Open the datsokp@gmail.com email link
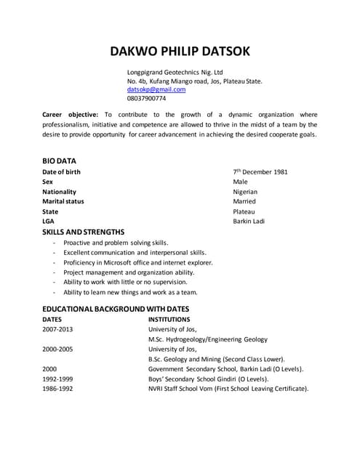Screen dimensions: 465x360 156,90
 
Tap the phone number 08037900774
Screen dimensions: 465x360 146,99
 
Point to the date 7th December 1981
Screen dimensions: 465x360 260,172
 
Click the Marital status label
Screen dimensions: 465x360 63,201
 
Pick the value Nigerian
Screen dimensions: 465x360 245,192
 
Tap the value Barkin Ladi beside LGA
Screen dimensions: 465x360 249,221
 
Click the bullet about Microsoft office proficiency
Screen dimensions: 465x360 138,262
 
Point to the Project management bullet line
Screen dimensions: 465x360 129,272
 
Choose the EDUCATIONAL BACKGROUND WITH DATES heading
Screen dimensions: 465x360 116,309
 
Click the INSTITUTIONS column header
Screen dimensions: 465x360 169,319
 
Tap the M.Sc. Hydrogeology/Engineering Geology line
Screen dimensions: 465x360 207,339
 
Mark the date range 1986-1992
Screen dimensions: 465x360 58,389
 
